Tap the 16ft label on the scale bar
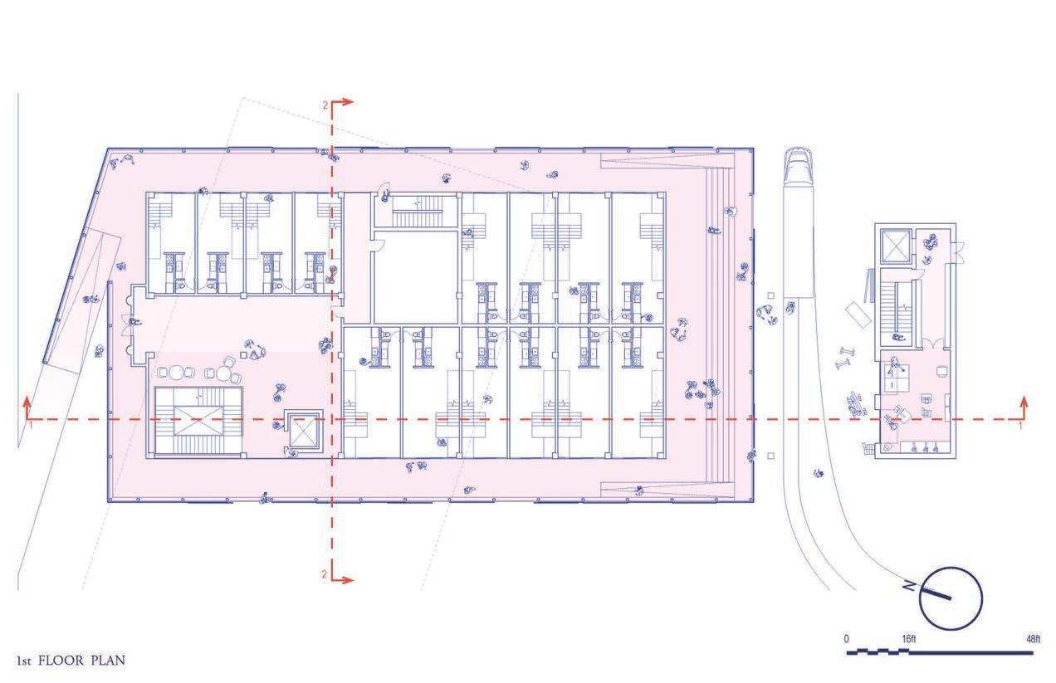908,639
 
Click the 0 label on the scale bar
846,639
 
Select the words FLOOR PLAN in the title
83,661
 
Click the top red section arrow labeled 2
342,102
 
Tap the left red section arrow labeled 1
28,408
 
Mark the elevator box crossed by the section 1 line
302,430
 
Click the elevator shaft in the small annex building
899,246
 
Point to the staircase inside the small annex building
898,306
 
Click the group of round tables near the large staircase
203,370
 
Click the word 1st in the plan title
25,661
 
